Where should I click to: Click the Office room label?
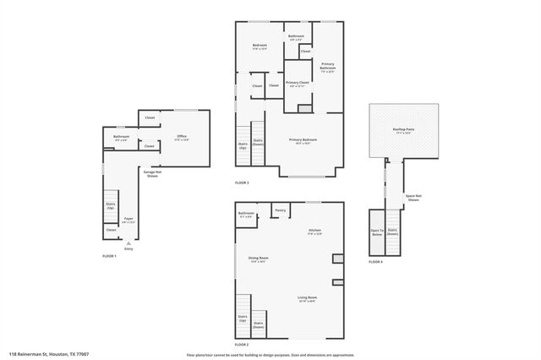point(181,137)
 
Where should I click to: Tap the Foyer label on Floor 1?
point(129,221)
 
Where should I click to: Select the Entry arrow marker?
point(128,243)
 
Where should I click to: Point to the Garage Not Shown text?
point(152,174)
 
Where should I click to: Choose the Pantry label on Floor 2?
point(280,210)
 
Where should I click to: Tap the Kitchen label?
point(314,232)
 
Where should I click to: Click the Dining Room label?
point(258,259)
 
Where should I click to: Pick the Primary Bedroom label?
point(303,141)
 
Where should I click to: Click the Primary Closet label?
point(298,84)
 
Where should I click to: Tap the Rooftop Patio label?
point(403,129)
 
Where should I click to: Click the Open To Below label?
point(376,232)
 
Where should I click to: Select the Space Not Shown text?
point(413,198)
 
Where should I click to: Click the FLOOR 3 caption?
point(242,183)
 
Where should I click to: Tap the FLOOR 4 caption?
point(375,262)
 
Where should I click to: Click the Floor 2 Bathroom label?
point(246,215)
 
